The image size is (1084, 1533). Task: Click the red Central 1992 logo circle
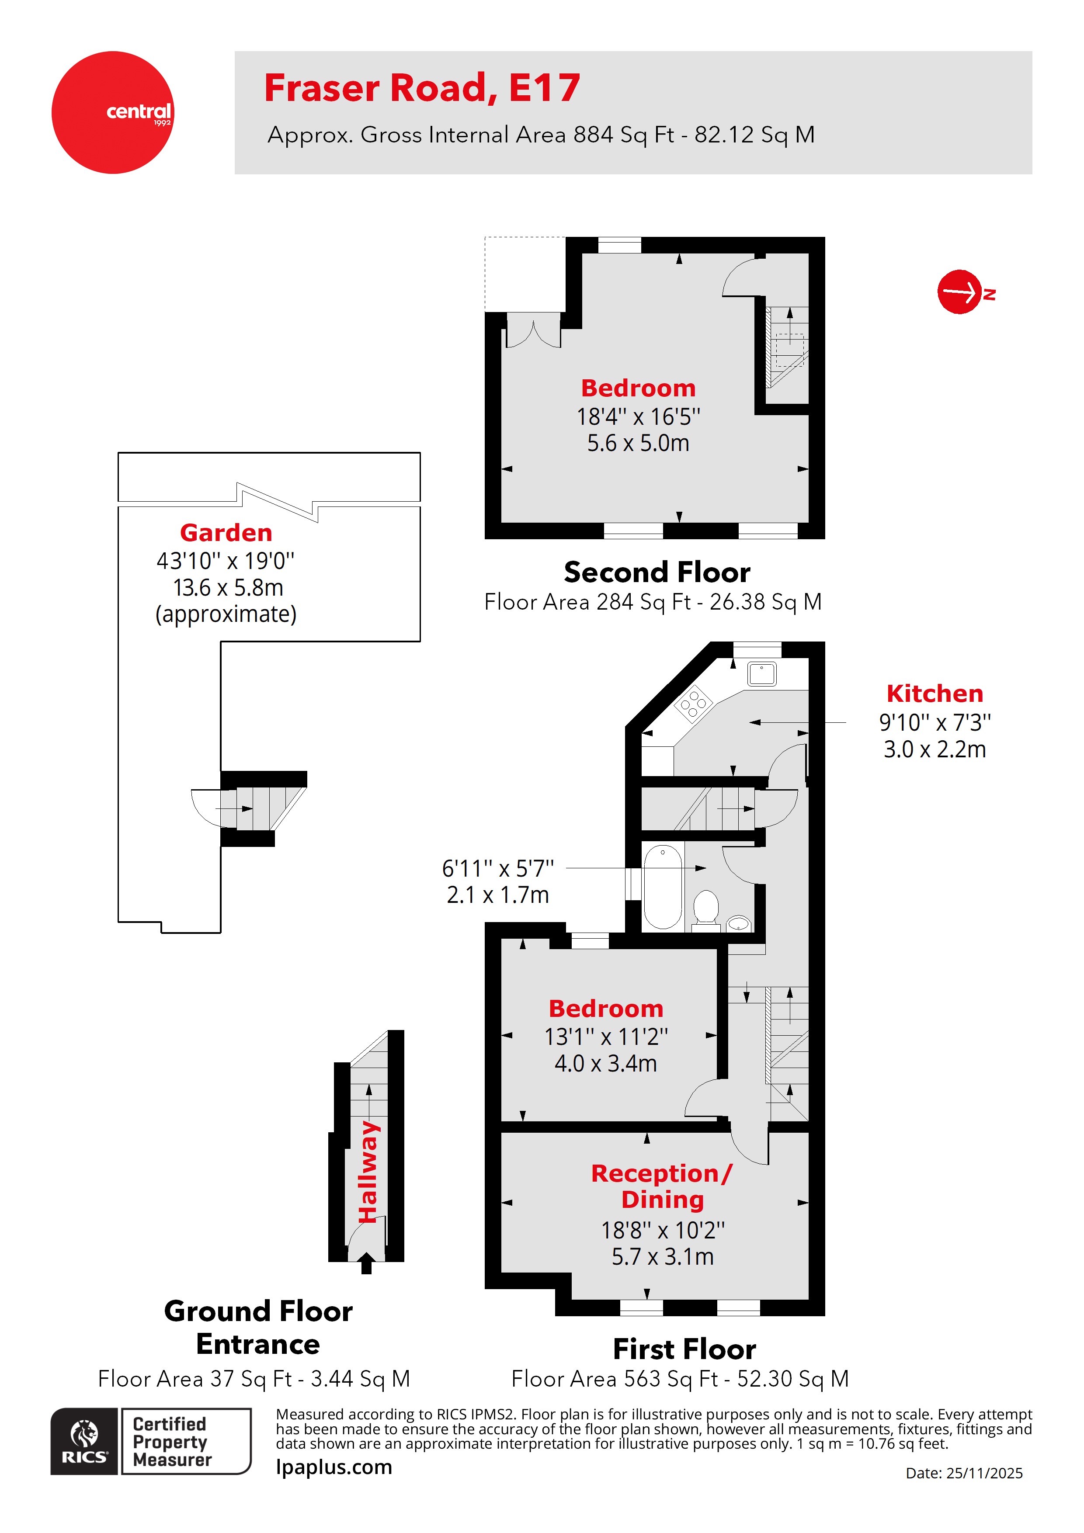point(112,112)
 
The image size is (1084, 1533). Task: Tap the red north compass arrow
point(960,292)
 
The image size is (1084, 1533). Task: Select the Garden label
point(226,533)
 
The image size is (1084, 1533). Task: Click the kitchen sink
point(761,674)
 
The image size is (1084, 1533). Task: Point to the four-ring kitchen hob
point(693,703)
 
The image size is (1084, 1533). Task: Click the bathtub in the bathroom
point(663,886)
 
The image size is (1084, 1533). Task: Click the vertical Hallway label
point(368,1172)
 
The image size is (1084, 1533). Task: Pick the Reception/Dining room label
point(662,1186)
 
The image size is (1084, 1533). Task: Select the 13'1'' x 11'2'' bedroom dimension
point(606,1037)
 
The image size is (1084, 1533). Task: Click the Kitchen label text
point(935,694)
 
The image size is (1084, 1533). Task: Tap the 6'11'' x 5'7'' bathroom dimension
point(497,869)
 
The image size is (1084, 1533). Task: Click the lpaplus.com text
point(334,1467)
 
